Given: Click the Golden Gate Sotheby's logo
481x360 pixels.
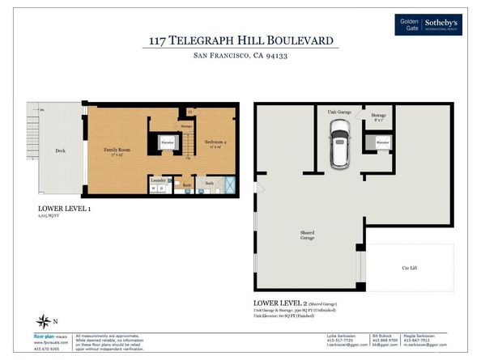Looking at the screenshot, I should [428, 24].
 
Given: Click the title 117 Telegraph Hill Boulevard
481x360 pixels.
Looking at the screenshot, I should [240, 40].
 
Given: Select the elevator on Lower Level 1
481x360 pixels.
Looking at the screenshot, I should [168, 143].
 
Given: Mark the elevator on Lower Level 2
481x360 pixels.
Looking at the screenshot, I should [381, 143].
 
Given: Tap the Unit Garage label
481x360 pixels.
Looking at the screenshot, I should [338, 112].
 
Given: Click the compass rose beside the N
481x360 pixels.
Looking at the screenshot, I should [42, 322].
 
